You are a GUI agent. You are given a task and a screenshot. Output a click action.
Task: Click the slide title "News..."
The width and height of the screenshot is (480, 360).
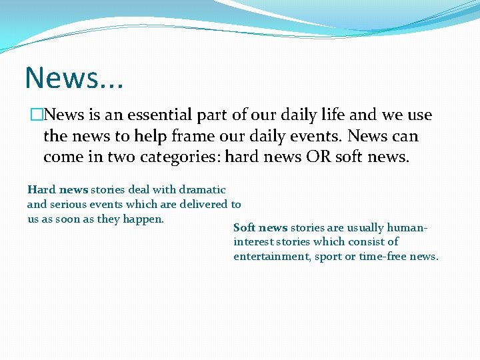[x=74, y=78]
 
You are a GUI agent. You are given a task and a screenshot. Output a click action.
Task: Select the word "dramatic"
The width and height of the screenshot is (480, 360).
[x=202, y=190]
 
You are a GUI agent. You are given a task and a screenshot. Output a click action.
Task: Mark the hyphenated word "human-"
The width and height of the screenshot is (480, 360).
[x=407, y=228]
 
